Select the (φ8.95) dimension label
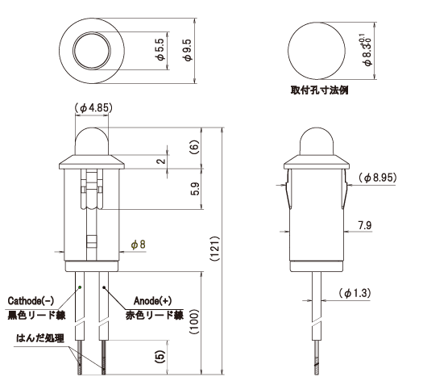tap(376, 177)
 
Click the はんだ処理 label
tap(31, 332)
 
